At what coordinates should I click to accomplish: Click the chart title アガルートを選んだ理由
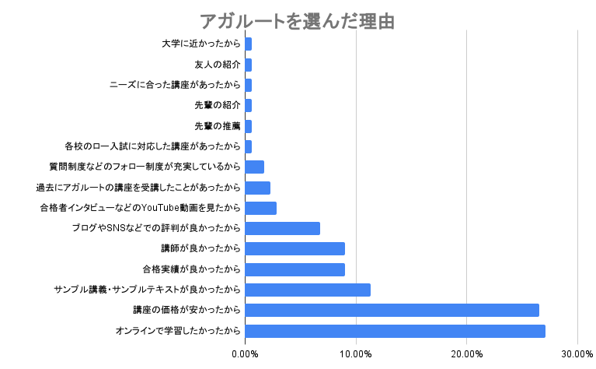coord(298,21)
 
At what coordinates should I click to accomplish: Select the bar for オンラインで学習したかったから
coord(395,331)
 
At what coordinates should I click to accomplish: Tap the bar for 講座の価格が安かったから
coord(392,311)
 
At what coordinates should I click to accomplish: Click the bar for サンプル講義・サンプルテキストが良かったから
coord(308,290)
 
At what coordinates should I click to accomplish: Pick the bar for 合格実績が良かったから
coord(295,269)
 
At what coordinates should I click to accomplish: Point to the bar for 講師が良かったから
coord(295,249)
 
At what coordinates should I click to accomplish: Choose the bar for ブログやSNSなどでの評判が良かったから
coord(282,228)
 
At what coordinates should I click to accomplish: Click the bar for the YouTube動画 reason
coord(260,208)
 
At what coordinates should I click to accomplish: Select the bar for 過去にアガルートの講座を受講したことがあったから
coord(257,188)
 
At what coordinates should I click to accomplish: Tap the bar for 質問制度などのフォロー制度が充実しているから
coord(254,167)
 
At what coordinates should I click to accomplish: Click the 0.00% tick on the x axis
coord(245,354)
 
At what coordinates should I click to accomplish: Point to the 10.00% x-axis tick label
coord(356,354)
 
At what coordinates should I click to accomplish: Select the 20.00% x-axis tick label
coord(466,354)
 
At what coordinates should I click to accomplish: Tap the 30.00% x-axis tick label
coord(577,354)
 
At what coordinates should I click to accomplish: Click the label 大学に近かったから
coord(200,44)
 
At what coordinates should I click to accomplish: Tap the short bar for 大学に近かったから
coord(248,44)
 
